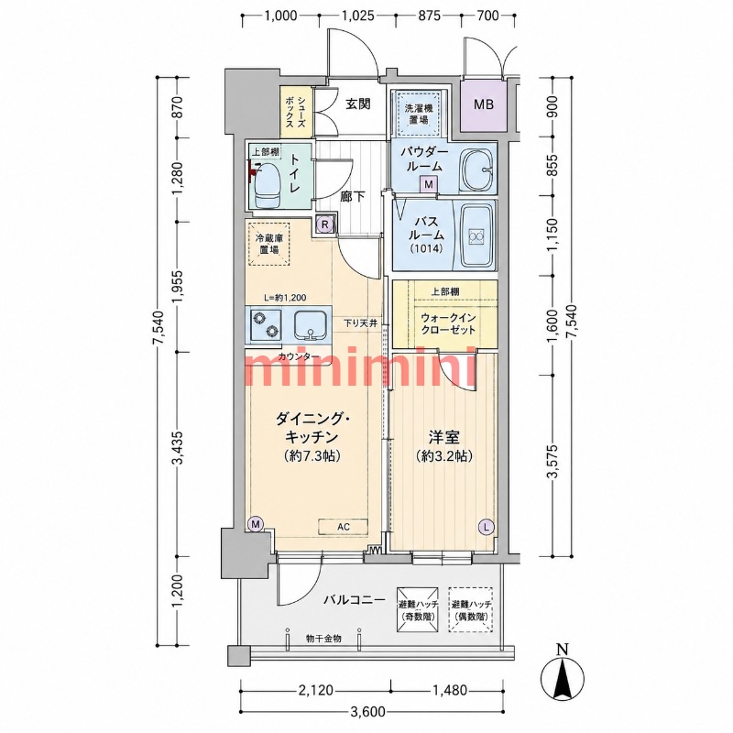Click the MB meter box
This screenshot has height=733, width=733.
point(484,104)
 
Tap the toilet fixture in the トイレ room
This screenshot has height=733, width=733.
point(266,186)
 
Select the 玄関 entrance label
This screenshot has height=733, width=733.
point(358,104)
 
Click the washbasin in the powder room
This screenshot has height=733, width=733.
point(477,170)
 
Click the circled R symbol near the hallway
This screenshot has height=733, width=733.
point(326,224)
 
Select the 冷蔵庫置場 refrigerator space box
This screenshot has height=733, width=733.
point(268,244)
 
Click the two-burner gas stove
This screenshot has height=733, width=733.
point(265,324)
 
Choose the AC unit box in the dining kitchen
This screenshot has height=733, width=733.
point(344,527)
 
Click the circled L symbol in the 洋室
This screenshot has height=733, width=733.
point(487,528)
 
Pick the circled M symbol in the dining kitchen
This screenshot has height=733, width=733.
point(256,523)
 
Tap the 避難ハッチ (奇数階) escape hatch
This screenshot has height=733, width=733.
point(418,609)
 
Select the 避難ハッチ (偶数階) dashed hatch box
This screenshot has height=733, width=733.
point(471,609)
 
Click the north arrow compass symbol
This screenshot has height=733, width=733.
point(562,674)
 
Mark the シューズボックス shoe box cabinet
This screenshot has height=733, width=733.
point(296,111)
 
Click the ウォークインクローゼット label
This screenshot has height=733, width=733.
point(448,324)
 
